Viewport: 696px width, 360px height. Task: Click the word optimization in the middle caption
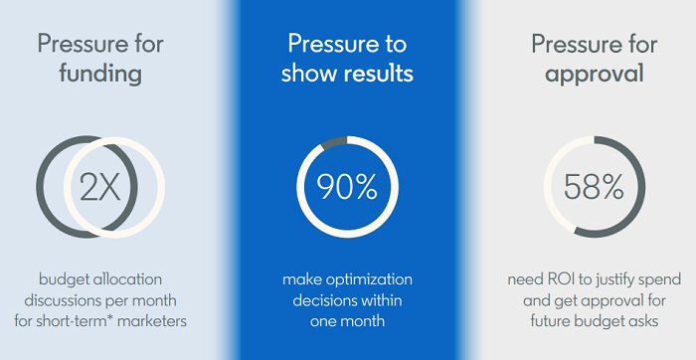pos(372,278)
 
